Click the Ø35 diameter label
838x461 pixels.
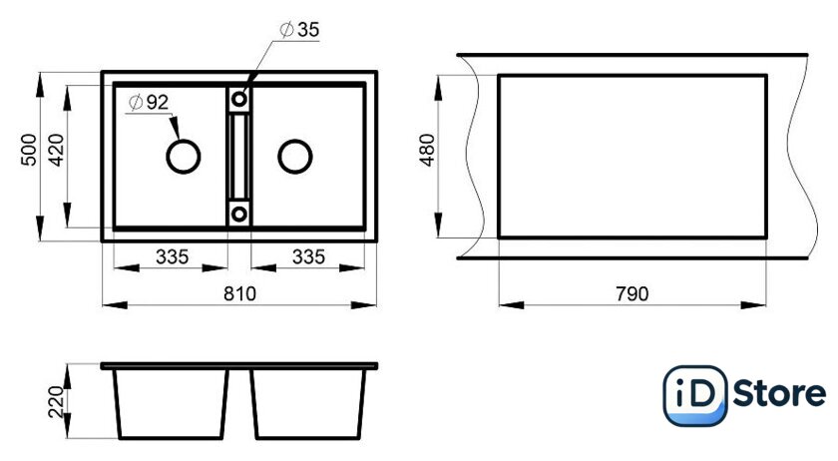coord(299,29)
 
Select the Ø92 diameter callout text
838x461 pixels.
coord(149,102)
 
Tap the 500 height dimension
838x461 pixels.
coord(29,150)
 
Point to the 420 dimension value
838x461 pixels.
coord(56,150)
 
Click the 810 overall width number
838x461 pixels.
coord(239,293)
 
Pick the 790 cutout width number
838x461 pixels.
coord(632,293)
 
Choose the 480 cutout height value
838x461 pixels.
coord(428,150)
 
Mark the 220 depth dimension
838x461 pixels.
coord(56,402)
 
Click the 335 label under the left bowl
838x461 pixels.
coord(172,256)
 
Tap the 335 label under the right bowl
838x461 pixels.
coord(308,256)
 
